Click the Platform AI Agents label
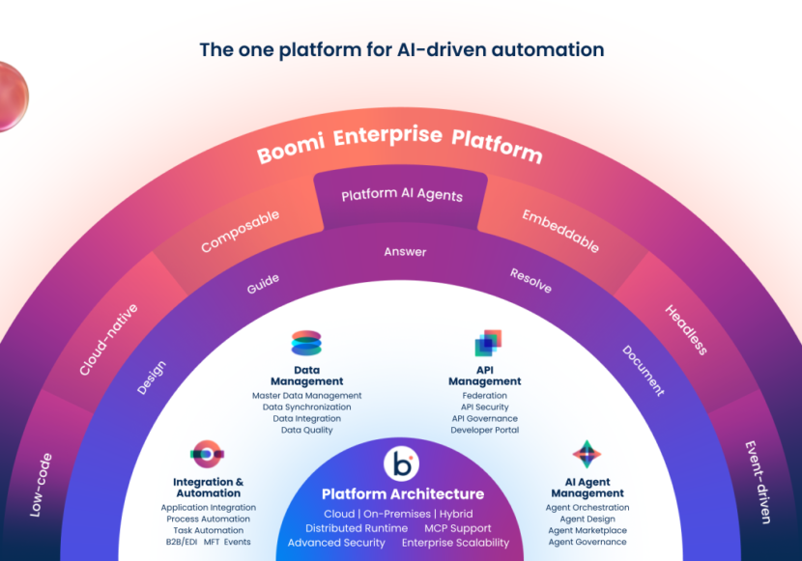pyautogui.click(x=402, y=195)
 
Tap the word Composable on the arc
pyautogui.click(x=240, y=232)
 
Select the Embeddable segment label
pyautogui.click(x=560, y=231)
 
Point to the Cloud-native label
pyautogui.click(x=108, y=339)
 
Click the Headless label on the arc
pyautogui.click(x=686, y=329)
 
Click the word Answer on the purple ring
pyautogui.click(x=405, y=252)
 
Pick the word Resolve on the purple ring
pyautogui.click(x=530, y=281)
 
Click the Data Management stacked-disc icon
pyautogui.click(x=306, y=344)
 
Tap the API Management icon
pyautogui.click(x=487, y=343)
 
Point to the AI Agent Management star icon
pyautogui.click(x=587, y=454)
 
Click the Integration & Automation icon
pyautogui.click(x=207, y=454)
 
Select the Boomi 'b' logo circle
pyautogui.click(x=401, y=464)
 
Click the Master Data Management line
pyautogui.click(x=306, y=396)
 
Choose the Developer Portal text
pyautogui.click(x=484, y=431)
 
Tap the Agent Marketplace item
pyautogui.click(x=587, y=531)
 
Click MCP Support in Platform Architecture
pyautogui.click(x=458, y=528)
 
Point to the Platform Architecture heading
pyautogui.click(x=402, y=494)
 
